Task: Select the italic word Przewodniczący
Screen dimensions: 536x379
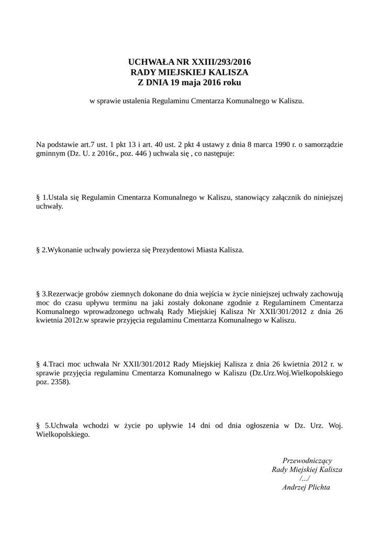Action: [x=307, y=461]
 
